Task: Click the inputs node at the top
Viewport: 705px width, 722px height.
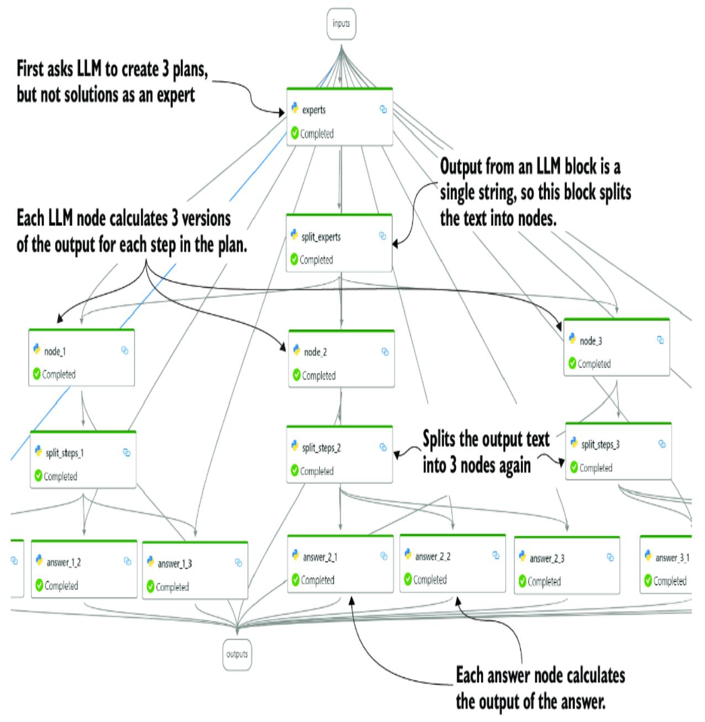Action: (x=341, y=24)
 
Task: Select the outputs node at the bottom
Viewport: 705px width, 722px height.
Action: (x=237, y=654)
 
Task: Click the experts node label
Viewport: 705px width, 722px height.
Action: (x=314, y=110)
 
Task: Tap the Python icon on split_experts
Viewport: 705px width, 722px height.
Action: (x=294, y=236)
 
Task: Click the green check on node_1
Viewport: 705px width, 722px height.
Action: (x=37, y=374)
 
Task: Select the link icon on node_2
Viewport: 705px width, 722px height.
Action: (x=385, y=352)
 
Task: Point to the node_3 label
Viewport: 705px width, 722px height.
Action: (x=591, y=341)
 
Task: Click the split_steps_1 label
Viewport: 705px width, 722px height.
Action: (x=65, y=453)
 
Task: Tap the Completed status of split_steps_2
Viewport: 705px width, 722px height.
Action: (x=316, y=471)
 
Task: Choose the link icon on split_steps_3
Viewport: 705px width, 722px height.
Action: (x=662, y=444)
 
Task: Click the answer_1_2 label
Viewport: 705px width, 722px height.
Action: (x=64, y=562)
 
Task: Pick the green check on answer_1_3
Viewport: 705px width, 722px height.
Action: (x=150, y=587)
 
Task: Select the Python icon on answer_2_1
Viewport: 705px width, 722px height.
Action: (x=295, y=556)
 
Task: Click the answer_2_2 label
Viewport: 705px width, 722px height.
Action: (x=432, y=556)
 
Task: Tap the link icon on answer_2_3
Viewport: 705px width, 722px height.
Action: (x=610, y=558)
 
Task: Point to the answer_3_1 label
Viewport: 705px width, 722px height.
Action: (x=672, y=558)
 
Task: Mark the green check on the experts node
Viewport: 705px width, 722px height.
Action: (x=295, y=134)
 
